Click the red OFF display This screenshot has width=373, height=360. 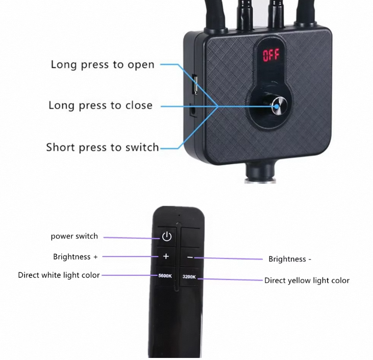point(271,55)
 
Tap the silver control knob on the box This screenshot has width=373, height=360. point(279,107)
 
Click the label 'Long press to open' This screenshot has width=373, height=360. point(102,65)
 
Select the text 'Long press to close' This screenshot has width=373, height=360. point(100,106)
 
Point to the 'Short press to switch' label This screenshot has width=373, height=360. point(102,147)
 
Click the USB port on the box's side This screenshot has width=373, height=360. point(194,85)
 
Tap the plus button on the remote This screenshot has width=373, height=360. point(166,256)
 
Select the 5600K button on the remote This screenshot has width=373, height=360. point(165,276)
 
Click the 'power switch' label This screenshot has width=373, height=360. point(74,236)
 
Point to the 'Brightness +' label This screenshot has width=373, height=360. point(75,256)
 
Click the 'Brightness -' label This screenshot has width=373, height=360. point(290,259)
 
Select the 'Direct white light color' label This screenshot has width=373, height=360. point(59,275)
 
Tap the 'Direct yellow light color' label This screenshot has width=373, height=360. point(307,280)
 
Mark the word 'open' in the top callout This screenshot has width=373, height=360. point(141,65)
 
